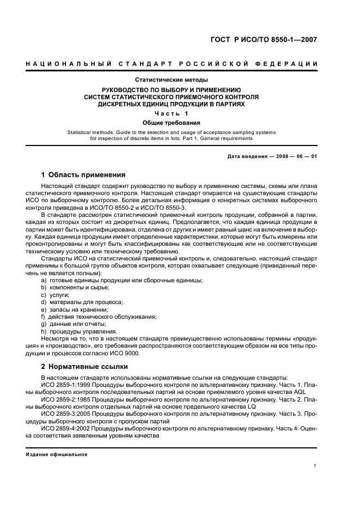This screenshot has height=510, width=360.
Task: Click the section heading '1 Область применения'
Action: pyautogui.click(x=83, y=175)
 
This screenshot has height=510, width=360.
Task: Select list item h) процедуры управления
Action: pyautogui.click(x=78, y=331)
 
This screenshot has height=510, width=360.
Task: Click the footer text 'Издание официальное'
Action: pyautogui.click(x=57, y=454)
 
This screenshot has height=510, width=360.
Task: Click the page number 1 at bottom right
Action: pyautogui.click(x=315, y=466)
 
